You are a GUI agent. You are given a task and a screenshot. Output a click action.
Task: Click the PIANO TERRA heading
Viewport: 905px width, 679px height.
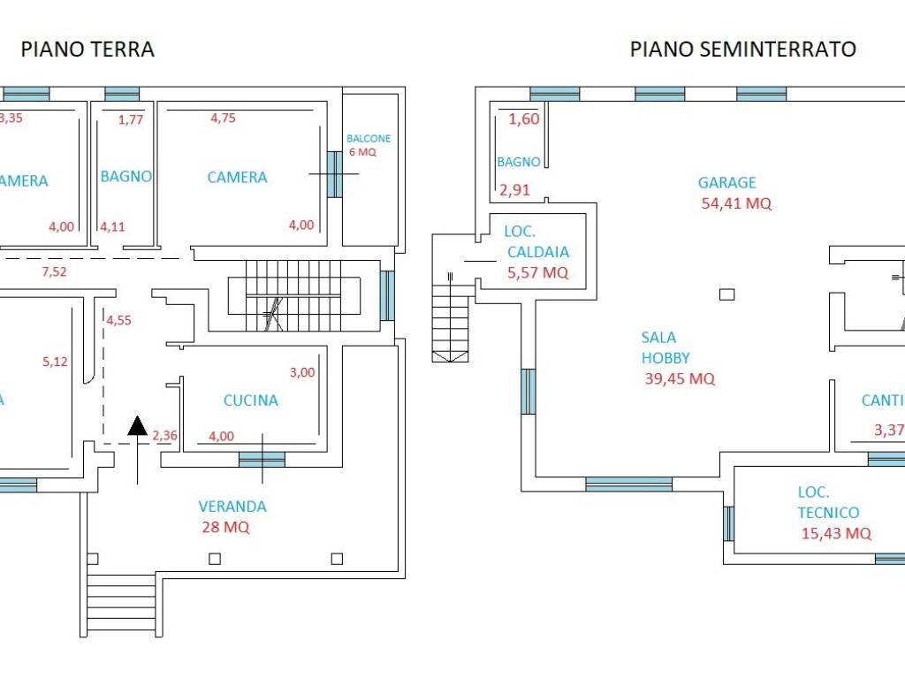tap(87, 50)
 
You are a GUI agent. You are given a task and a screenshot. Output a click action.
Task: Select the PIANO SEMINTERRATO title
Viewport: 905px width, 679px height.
tap(742, 50)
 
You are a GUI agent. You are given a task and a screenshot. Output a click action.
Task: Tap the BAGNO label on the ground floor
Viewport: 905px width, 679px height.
tap(125, 177)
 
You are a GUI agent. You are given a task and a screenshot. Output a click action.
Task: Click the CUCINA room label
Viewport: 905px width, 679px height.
tap(250, 401)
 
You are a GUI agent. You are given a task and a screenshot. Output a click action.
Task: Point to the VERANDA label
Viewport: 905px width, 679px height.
tap(232, 507)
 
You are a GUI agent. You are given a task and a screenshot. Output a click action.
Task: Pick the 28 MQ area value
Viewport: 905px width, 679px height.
tap(225, 528)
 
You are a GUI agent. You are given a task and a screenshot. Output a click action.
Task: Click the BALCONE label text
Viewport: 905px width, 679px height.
tap(369, 139)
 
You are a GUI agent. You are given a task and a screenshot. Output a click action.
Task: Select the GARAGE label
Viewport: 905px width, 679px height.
tap(727, 183)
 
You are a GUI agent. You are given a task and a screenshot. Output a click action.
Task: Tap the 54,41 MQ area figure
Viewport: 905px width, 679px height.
tap(735, 203)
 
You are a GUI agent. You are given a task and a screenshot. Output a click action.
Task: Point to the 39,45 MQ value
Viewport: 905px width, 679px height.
tap(680, 379)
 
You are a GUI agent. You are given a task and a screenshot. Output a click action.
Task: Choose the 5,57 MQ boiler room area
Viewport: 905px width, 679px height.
tap(537, 273)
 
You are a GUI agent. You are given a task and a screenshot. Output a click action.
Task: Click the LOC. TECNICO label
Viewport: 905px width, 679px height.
tap(828, 502)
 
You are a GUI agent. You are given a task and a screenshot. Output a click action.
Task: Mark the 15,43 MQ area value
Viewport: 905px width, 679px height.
tap(836, 533)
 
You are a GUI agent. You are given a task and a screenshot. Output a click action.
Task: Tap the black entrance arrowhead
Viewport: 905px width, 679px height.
tap(137, 426)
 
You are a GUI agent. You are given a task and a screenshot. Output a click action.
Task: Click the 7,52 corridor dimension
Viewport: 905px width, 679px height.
tap(54, 271)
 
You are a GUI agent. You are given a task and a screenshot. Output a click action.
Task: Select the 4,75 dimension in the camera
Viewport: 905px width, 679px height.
tap(223, 118)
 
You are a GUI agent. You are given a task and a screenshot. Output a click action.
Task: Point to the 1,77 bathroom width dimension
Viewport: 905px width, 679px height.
tap(130, 119)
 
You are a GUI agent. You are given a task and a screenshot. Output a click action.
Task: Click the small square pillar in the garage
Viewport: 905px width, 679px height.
tap(727, 294)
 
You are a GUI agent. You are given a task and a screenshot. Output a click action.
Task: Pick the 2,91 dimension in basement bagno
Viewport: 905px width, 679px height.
tap(514, 189)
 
